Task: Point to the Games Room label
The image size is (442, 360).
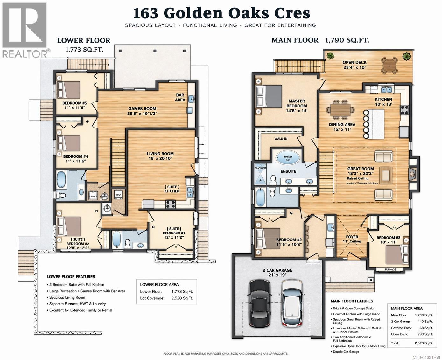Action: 142,109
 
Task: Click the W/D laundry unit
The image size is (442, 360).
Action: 117,195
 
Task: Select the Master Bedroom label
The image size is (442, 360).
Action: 297,103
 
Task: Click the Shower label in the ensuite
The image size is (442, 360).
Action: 260,169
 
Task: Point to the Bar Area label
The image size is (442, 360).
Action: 180,97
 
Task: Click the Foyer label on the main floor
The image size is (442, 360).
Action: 352,237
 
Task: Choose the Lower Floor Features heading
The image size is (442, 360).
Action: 71,277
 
